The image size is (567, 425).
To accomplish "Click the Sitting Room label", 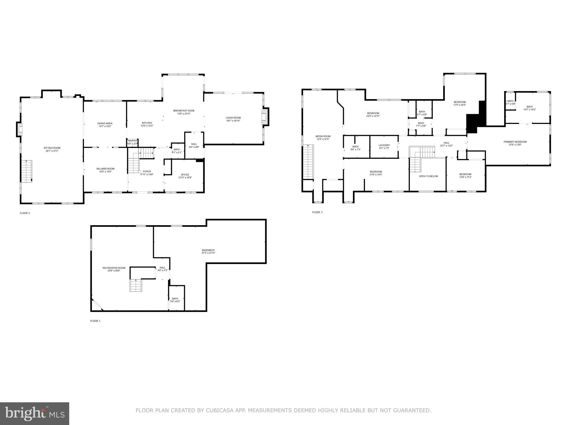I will coord(52,148).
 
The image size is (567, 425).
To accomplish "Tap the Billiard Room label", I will coord(105,169).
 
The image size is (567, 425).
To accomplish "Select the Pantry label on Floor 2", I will coord(132,141).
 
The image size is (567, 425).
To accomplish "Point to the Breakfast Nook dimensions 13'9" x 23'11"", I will coord(184,113).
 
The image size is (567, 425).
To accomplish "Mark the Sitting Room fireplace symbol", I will coord(19,129).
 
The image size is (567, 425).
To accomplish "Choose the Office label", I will coord(185,175).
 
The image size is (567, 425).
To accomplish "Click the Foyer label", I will coord(147,172).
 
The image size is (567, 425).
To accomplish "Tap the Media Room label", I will coord(323,136).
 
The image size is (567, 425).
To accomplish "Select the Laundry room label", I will coord(384,145).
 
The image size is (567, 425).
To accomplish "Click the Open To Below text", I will coord(428,176).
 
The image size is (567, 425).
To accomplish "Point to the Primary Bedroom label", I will coord(515,142).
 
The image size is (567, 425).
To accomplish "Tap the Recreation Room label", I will coord(114,268).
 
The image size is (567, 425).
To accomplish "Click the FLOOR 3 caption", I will coord(317,212).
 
